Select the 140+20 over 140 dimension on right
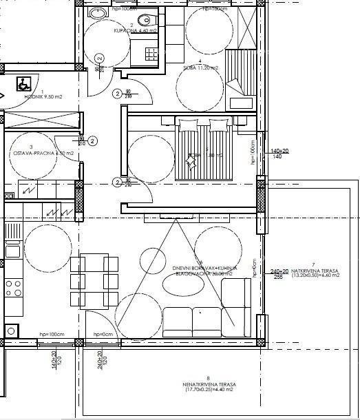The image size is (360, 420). point(279,154)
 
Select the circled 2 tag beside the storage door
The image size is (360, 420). point(94,140)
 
